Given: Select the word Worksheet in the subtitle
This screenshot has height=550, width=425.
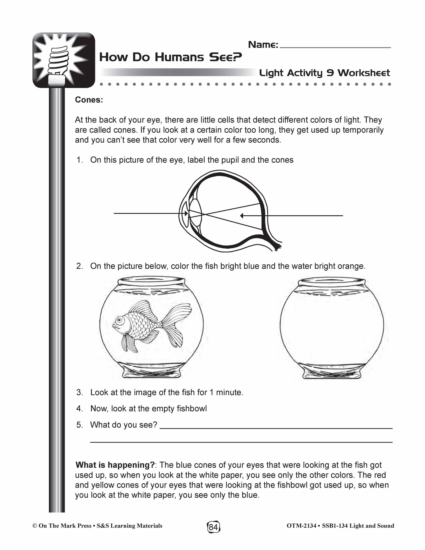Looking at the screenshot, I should (364, 73).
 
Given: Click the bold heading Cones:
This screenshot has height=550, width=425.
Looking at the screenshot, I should (89, 100).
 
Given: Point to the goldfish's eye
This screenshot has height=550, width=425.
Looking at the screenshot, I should (118, 320).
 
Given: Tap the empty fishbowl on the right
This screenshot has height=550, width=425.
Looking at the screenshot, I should (332, 327).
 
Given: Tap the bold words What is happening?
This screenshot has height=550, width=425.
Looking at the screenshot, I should (115, 465).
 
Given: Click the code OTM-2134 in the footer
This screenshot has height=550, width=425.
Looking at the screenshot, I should (301, 526).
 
